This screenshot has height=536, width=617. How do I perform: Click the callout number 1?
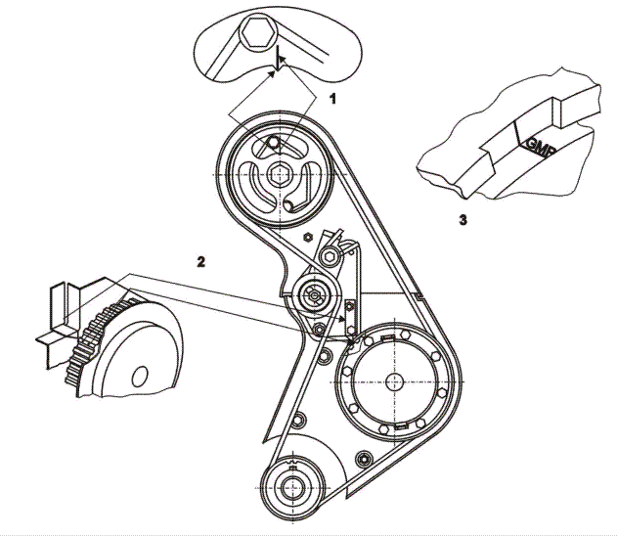point(332,99)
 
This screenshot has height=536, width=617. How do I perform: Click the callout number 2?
point(201,261)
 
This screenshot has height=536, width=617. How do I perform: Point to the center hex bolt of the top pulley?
point(281,174)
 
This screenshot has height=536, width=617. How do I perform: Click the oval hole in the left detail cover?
point(140,375)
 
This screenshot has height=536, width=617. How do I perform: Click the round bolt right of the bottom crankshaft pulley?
point(364,457)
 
